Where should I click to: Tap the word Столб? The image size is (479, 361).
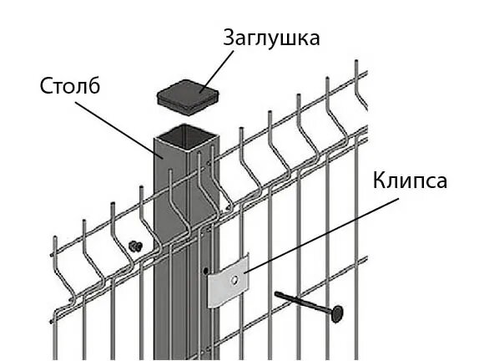(70, 85)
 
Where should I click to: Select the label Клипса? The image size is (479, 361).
(410, 181)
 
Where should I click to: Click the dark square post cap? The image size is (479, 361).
(188, 97)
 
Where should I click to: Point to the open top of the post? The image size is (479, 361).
(186, 136)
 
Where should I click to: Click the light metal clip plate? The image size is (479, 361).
(228, 281)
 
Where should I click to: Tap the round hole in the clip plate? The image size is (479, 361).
(235, 280)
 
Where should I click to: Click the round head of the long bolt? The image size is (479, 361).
(337, 313)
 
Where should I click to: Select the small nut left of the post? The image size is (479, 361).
(135, 246)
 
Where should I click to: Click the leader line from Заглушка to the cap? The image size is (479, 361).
(217, 72)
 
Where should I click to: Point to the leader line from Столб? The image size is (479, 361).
(119, 130)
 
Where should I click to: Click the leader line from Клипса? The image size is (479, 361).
(321, 235)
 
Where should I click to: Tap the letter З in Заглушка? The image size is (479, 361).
(229, 38)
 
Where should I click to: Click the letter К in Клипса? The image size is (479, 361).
(380, 180)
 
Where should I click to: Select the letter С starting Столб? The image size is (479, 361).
(46, 85)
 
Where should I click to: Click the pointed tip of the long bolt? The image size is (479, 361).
(276, 293)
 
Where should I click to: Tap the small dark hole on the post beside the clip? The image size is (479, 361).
(205, 271)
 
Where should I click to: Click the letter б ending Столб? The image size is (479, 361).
(94, 85)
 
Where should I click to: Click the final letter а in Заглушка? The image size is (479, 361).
(314, 40)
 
